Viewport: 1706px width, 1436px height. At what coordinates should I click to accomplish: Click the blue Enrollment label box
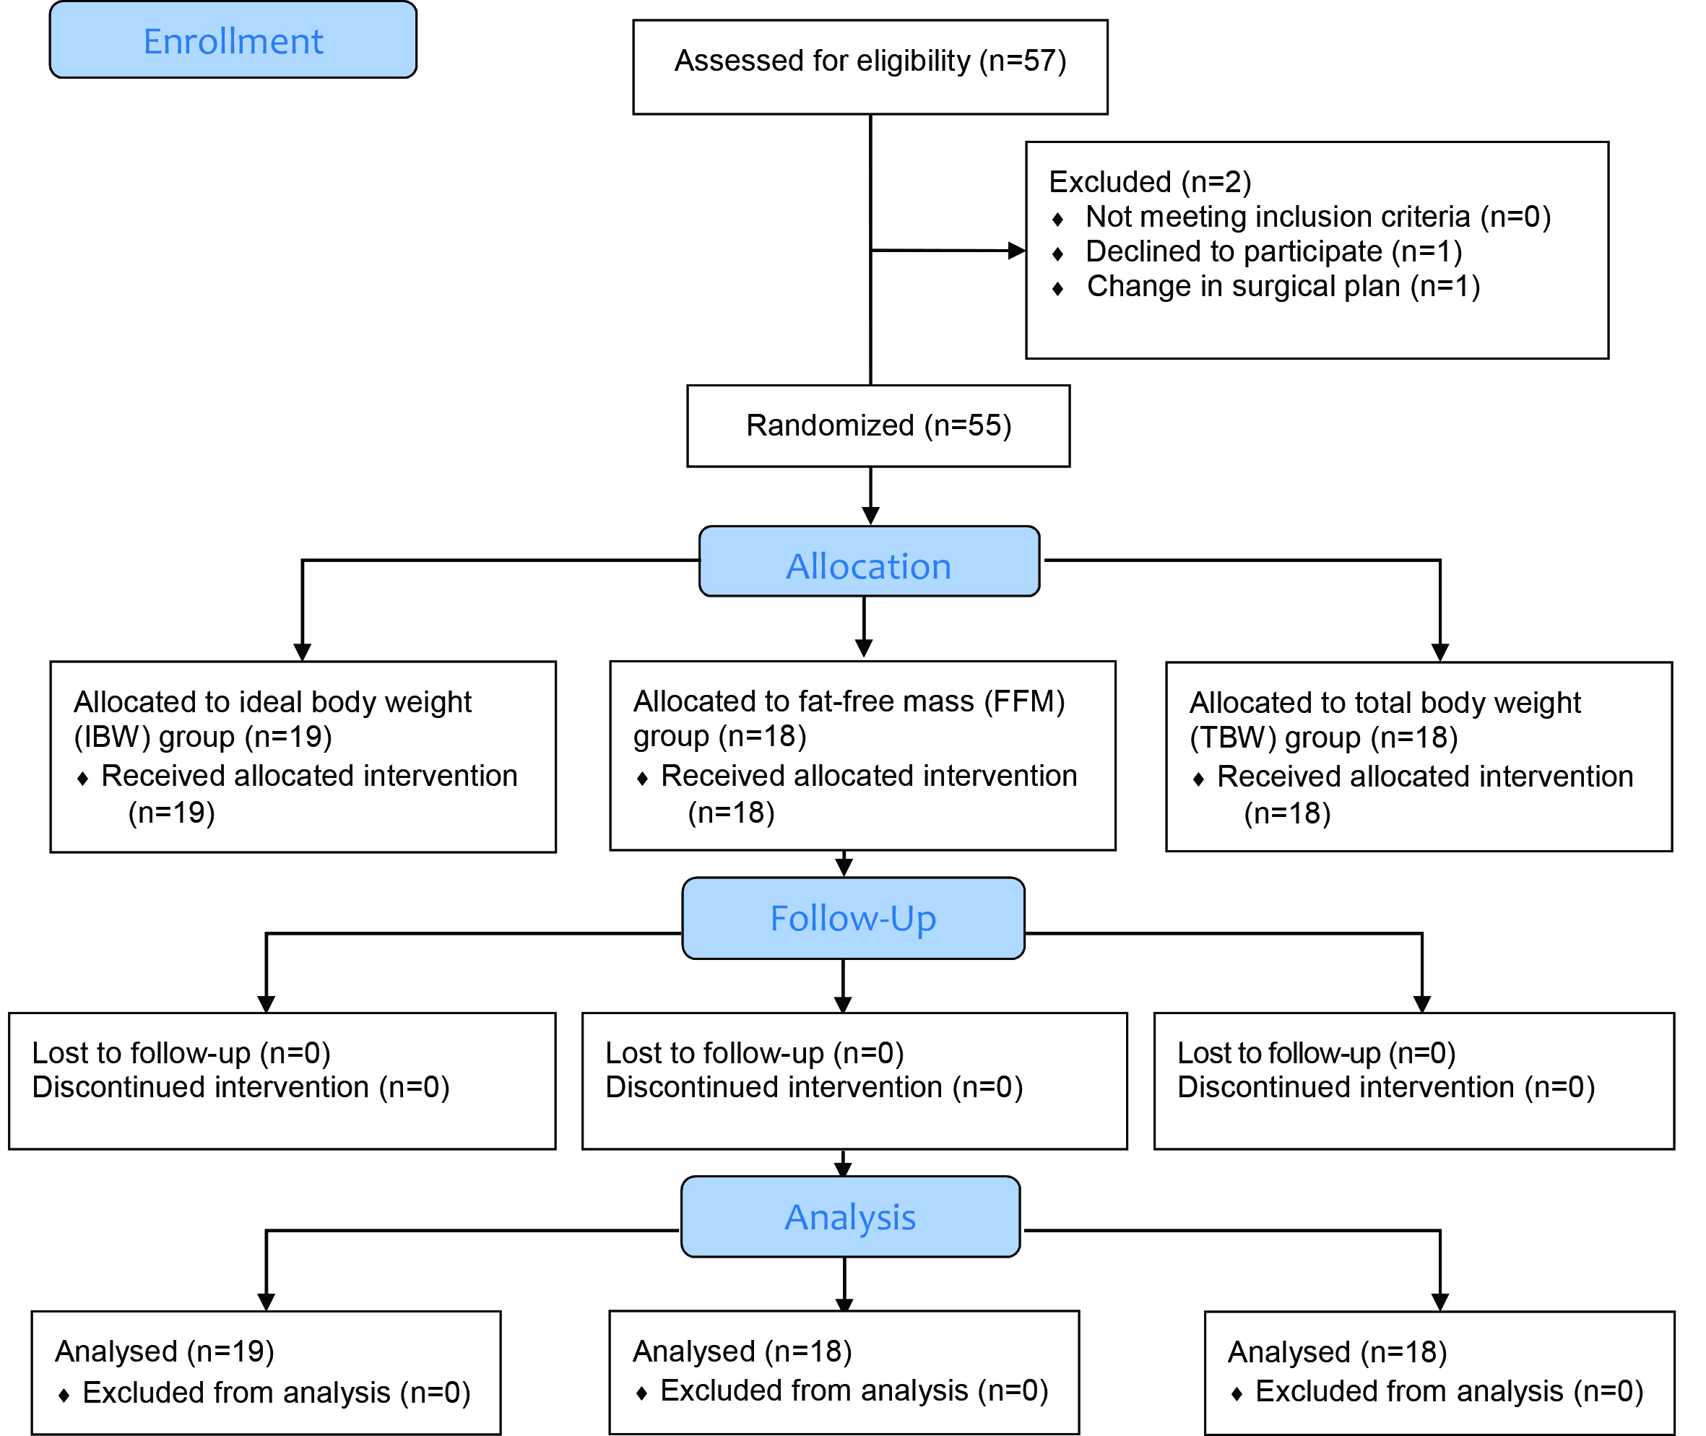233,40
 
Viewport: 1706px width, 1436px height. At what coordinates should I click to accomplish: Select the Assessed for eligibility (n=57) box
870,66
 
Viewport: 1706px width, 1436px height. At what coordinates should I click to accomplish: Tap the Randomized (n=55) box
878,425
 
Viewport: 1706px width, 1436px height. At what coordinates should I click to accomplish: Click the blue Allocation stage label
870,562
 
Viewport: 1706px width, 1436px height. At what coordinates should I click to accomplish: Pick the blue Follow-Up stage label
853,918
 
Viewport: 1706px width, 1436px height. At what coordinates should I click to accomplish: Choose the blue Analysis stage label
851,1217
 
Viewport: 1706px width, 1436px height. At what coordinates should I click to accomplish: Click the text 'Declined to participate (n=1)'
1274,251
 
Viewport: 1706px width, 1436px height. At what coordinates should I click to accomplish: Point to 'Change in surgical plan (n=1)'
1283,287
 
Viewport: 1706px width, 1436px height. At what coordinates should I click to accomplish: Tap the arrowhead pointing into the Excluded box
1017,251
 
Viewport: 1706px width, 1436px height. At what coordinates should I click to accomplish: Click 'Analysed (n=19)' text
165,1351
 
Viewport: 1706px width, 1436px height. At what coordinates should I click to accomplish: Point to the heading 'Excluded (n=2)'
1150,181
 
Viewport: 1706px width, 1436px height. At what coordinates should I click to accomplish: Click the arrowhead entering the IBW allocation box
303,652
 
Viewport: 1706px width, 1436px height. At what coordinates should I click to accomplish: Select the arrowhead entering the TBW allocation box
1440,652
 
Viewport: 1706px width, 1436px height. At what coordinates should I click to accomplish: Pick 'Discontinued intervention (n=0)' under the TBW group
1386,1088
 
